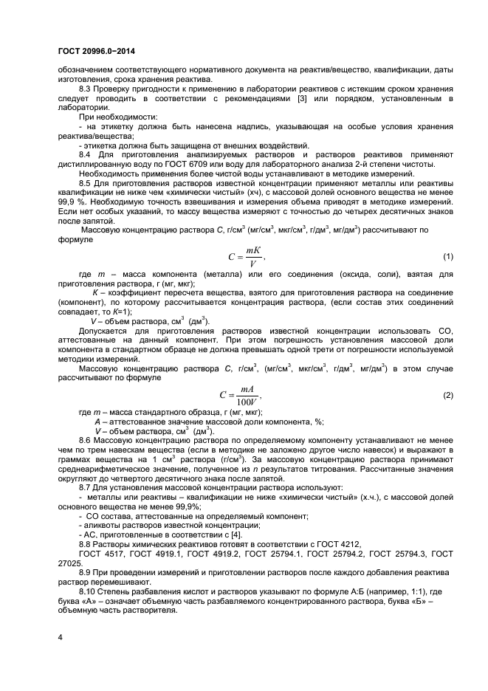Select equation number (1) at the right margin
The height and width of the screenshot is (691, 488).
tap(447, 257)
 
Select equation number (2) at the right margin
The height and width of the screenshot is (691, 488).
tap(447, 396)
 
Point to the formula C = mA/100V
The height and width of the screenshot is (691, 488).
tap(244, 396)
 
